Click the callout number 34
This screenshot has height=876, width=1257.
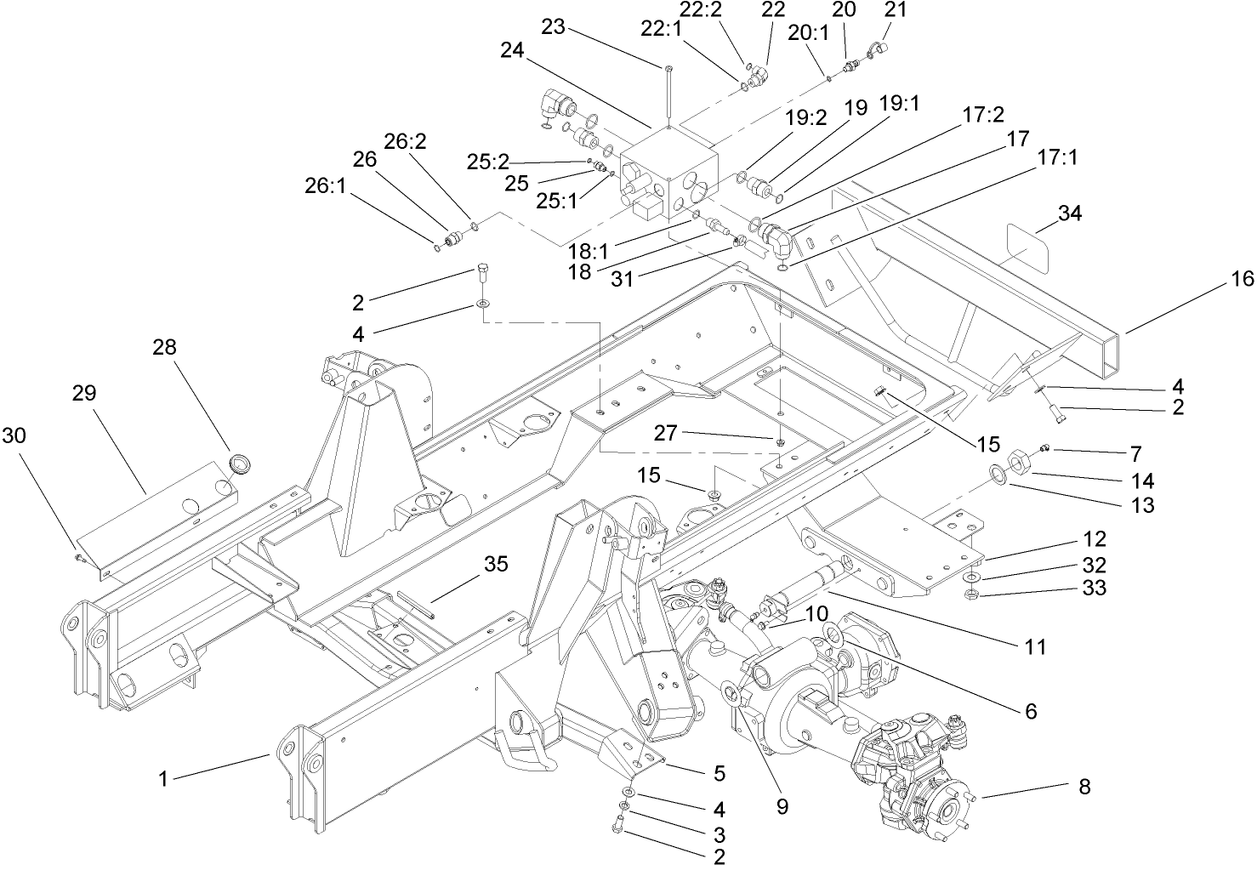pyautogui.click(x=1069, y=213)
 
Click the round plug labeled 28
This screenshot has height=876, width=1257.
pyautogui.click(x=241, y=464)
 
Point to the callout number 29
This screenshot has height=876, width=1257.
pyautogui.click(x=84, y=393)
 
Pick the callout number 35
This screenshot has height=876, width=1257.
pyautogui.click(x=497, y=564)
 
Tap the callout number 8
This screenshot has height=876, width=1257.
pyautogui.click(x=1084, y=787)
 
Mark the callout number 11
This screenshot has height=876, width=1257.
pyautogui.click(x=1034, y=647)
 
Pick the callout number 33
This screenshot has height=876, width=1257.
pyautogui.click(x=1095, y=588)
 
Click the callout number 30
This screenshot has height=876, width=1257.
pyautogui.click(x=14, y=435)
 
